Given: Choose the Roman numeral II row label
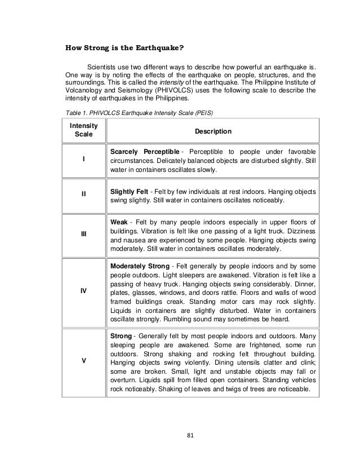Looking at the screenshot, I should pos(84,194).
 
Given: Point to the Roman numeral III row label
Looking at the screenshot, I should pos(84,234).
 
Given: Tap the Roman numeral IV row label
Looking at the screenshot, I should pos(84,291).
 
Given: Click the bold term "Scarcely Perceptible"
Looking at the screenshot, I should pos(145,152).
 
